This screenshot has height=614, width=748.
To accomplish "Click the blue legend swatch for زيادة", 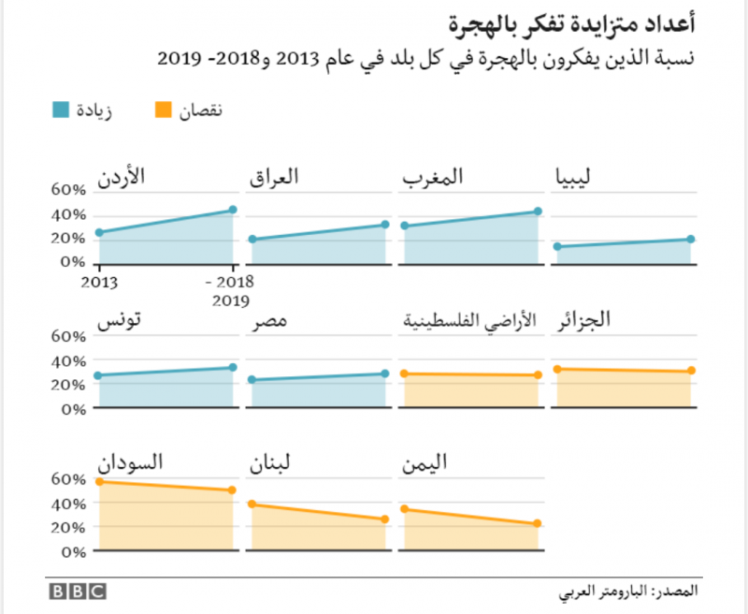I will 61,110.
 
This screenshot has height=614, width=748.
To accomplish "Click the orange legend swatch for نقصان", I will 163,110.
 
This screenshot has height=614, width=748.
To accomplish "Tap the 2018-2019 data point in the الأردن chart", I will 232,210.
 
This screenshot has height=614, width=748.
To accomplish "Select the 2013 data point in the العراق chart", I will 252,240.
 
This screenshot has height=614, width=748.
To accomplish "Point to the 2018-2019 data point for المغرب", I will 538,212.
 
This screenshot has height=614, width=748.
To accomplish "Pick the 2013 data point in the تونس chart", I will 98,375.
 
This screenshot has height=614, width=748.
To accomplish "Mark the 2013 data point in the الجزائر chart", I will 557,369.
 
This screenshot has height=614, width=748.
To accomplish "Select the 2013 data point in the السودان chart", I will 98,482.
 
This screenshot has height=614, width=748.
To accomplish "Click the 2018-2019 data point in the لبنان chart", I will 385,519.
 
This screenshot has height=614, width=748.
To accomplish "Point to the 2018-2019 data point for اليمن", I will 538,524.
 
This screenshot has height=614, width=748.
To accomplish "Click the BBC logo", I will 78,592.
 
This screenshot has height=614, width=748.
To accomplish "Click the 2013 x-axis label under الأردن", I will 100,281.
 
